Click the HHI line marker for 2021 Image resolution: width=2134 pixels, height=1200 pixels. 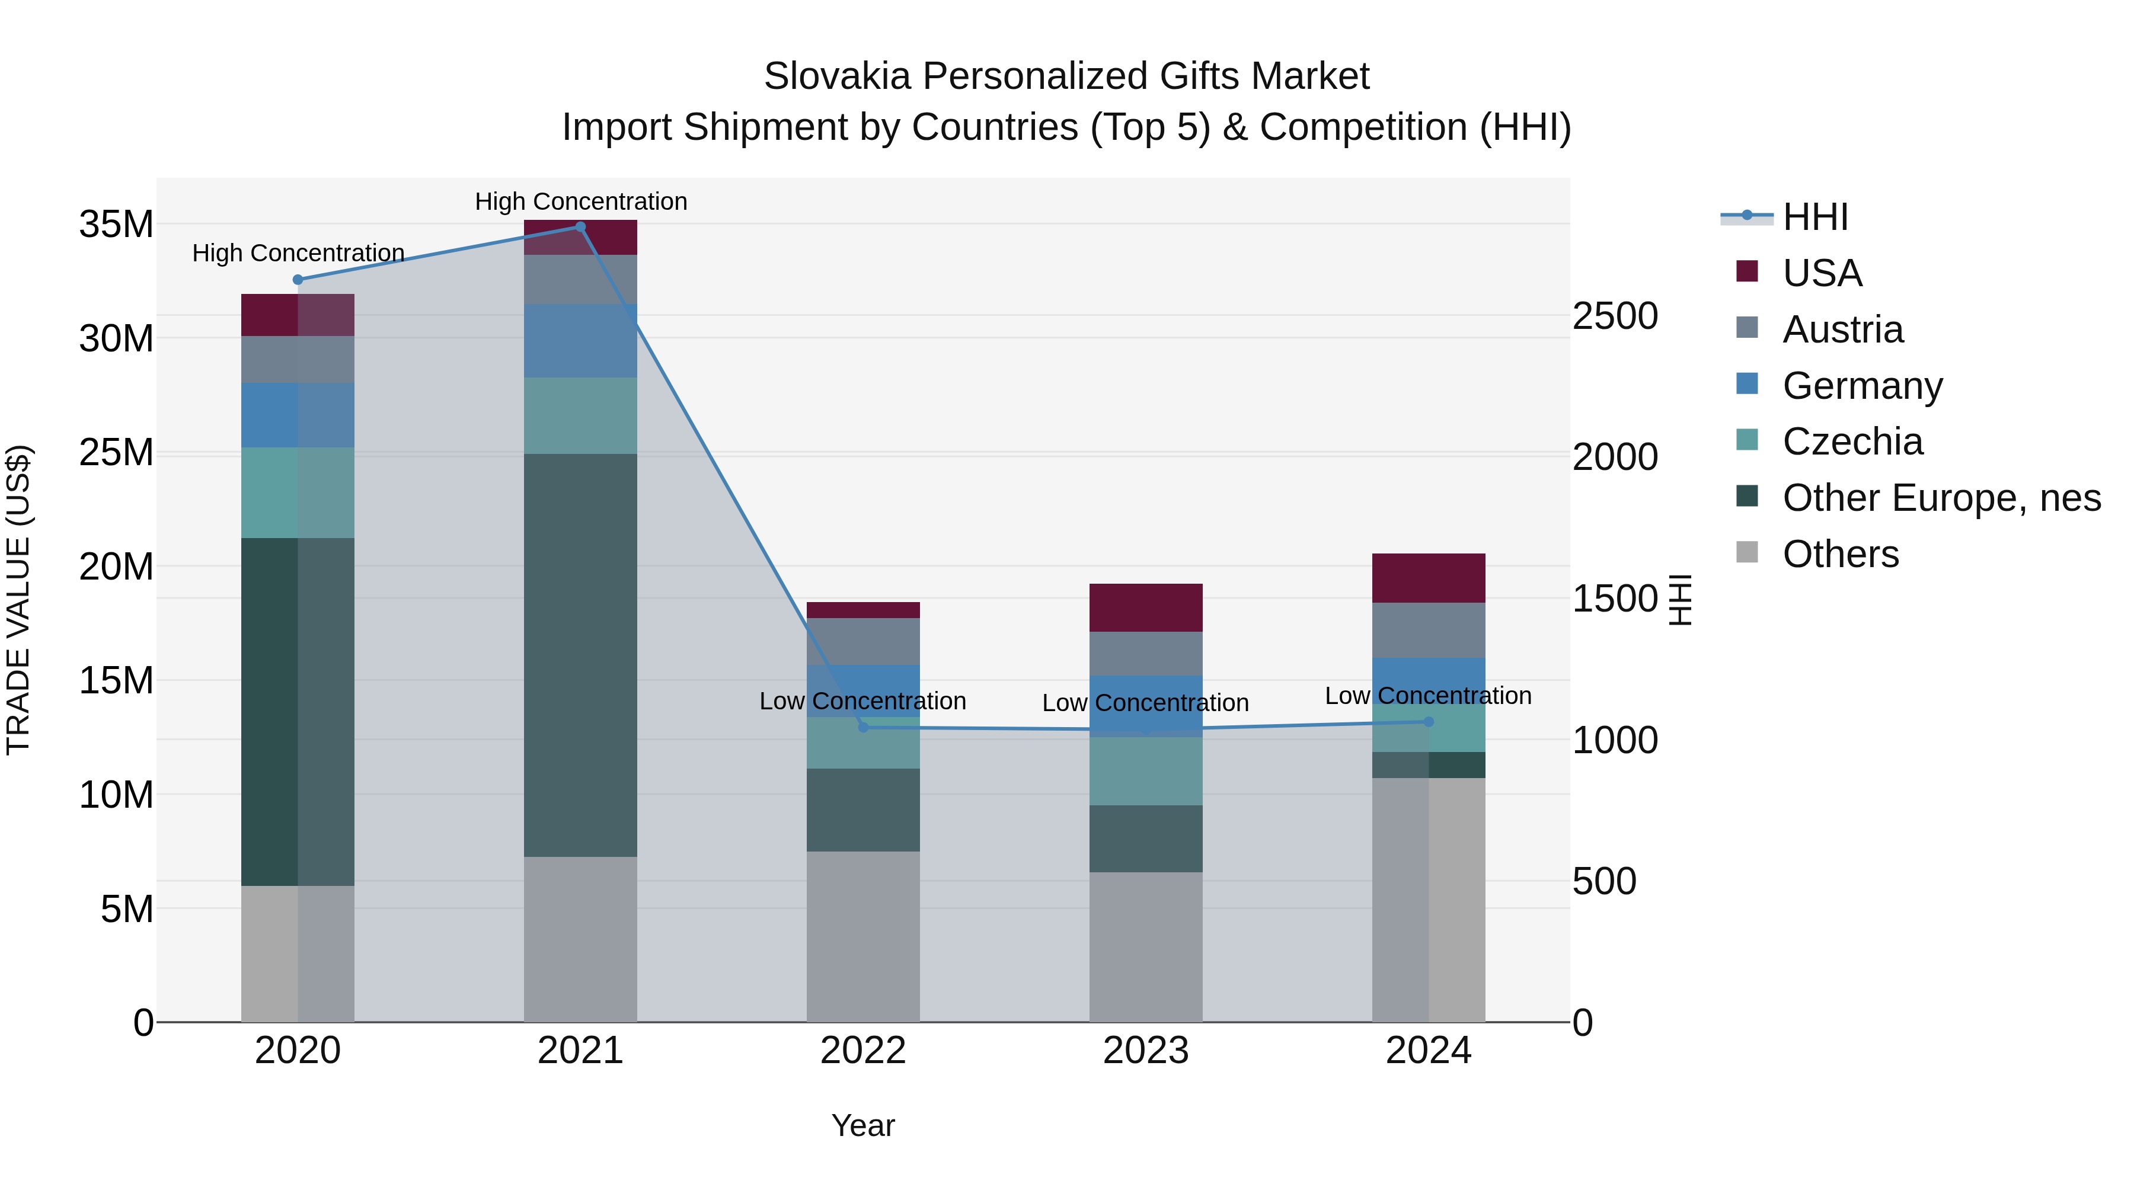580,227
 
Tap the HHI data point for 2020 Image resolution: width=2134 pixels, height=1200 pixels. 298,280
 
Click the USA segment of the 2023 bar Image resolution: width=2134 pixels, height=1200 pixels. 1146,608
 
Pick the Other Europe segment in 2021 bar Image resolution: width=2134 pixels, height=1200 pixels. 580,654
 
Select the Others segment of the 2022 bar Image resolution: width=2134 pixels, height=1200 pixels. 863,936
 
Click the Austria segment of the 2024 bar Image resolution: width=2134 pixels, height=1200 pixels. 1428,631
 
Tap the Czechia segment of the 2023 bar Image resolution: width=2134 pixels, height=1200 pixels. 1146,771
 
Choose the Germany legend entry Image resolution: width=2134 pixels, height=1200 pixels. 1861,386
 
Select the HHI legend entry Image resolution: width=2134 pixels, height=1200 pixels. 1814,217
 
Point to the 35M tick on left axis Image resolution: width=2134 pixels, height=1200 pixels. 116,225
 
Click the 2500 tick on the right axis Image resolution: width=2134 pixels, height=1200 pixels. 1615,316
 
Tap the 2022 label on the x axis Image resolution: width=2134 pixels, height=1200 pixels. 863,1051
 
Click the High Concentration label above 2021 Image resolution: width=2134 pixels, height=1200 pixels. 581,201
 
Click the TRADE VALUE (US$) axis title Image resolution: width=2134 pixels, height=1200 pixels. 18,600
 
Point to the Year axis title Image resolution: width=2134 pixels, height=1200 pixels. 863,1125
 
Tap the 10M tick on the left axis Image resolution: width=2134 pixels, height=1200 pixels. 116,795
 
